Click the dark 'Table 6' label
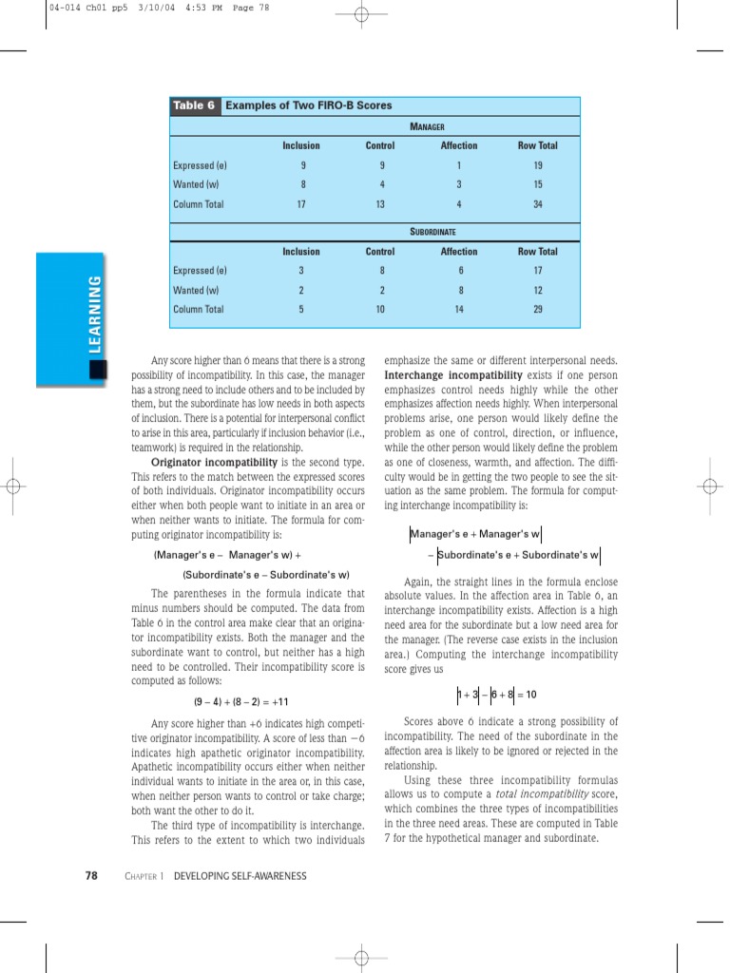(194, 105)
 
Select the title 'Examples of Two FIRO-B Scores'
(308, 105)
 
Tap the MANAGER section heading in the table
(427, 126)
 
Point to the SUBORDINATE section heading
(432, 232)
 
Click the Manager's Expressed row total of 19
(537, 165)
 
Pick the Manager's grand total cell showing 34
(537, 204)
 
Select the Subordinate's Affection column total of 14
(458, 310)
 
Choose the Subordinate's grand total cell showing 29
(537, 310)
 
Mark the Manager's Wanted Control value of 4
(380, 184)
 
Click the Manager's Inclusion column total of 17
(301, 204)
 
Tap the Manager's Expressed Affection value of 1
(458, 165)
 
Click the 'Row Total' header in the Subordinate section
(537, 252)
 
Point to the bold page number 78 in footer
(92, 876)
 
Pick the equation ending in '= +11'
(240, 702)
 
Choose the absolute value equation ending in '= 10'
(496, 695)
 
